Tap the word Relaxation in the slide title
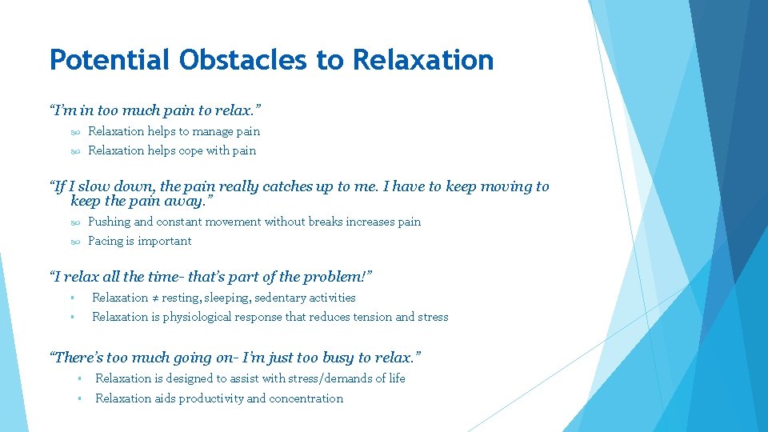pyautogui.click(x=423, y=60)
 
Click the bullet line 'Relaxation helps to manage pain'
pyautogui.click(x=174, y=131)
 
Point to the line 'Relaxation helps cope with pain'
pyautogui.click(x=172, y=150)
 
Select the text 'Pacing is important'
pyautogui.click(x=140, y=241)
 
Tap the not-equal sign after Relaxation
pyautogui.click(x=156, y=298)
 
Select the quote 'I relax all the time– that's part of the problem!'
pyautogui.click(x=212, y=277)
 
